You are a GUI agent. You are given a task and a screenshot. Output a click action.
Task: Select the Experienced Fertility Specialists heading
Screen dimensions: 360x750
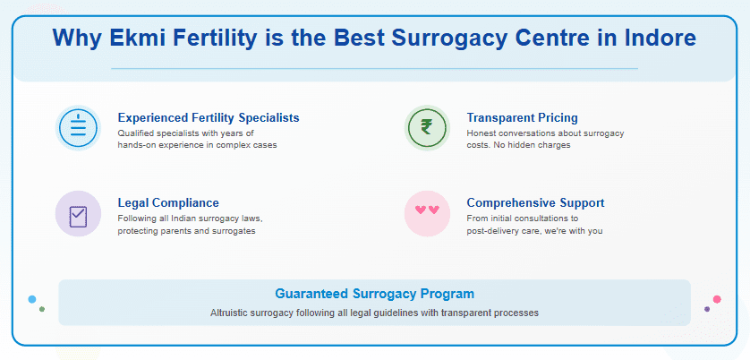click(209, 117)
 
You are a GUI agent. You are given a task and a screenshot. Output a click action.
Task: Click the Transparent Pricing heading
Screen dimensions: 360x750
click(522, 117)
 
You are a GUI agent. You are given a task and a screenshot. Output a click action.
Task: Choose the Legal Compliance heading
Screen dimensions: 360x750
click(168, 202)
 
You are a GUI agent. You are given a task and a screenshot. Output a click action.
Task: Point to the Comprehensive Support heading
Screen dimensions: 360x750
click(535, 202)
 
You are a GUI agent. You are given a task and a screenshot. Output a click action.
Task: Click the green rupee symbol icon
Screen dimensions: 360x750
click(427, 128)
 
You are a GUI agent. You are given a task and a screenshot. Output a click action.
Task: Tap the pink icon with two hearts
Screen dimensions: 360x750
click(427, 213)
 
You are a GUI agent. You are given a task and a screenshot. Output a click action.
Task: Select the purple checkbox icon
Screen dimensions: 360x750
click(78, 214)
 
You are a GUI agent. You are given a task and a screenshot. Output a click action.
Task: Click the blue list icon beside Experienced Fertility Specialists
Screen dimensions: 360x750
click(78, 128)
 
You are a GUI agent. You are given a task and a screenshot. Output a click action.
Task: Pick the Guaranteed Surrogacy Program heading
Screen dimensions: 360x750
click(374, 294)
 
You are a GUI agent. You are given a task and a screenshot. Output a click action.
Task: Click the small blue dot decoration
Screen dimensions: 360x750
click(32, 299)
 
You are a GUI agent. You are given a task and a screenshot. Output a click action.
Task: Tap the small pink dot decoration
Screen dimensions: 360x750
click(717, 299)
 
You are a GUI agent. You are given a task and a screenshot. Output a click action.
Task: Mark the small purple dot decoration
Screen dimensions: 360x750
click(707, 309)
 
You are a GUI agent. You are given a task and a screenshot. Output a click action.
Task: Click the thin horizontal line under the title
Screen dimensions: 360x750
click(374, 68)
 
